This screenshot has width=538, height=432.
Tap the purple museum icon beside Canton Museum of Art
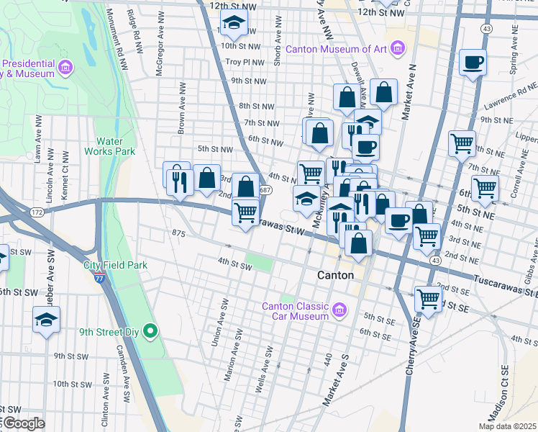pos(398,49)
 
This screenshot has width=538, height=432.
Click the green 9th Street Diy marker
pos(150,331)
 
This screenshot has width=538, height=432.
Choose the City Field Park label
pos(115,265)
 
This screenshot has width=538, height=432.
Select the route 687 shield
pos(265,190)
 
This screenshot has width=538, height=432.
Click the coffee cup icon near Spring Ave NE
pos(473,63)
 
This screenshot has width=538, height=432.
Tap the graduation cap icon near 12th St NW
pos(234,24)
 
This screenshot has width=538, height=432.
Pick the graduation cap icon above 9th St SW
pos(47,320)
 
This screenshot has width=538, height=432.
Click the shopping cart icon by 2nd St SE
pos(429,297)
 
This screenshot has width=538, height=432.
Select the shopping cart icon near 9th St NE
pos(462,143)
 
